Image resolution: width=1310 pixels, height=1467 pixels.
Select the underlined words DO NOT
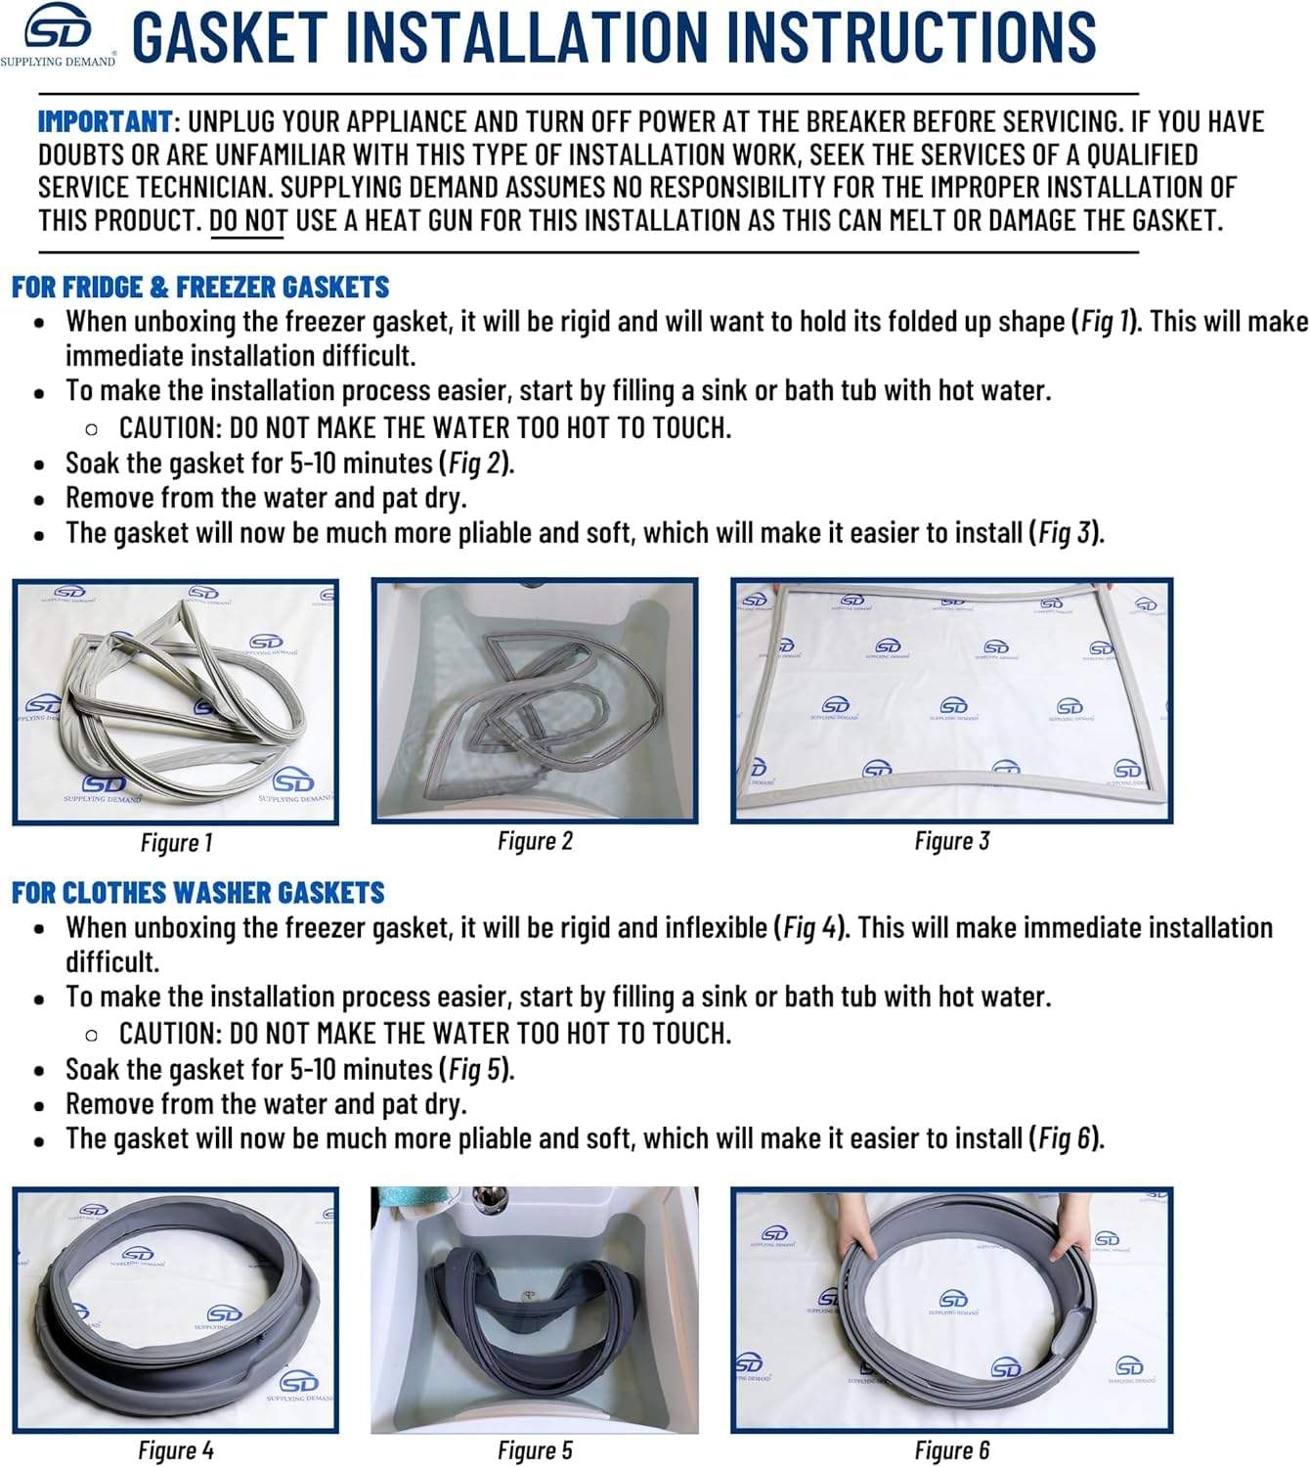pos(247,220)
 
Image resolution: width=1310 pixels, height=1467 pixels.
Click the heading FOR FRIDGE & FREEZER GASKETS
pos(200,288)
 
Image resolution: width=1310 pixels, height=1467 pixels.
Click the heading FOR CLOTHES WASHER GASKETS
pos(197,893)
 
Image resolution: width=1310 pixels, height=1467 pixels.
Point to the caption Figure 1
pos(176,842)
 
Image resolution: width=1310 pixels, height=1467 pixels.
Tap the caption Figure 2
pos(535,841)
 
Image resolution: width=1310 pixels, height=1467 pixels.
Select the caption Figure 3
pos(951,841)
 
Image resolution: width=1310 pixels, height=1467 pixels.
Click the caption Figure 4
pos(176,1449)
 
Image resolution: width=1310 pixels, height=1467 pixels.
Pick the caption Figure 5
pos(535,1449)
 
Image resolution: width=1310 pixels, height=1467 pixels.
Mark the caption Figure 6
pos(951,1449)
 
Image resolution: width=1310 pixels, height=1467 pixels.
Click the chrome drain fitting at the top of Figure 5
pos(484,1200)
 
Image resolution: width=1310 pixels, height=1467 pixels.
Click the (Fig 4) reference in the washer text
pos(811,928)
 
